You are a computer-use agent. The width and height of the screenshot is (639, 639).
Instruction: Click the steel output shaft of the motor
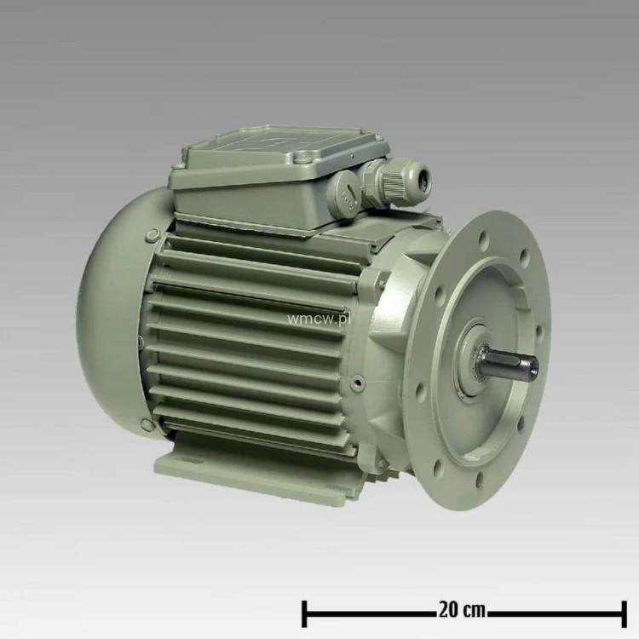click(x=510, y=363)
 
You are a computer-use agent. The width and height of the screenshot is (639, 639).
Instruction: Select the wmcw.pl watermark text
click(x=319, y=319)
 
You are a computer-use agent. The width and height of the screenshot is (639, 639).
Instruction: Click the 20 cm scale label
click(x=462, y=611)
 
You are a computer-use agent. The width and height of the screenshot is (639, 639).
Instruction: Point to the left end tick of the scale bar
click(x=304, y=613)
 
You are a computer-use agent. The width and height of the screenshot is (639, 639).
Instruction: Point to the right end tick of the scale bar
click(x=624, y=613)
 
